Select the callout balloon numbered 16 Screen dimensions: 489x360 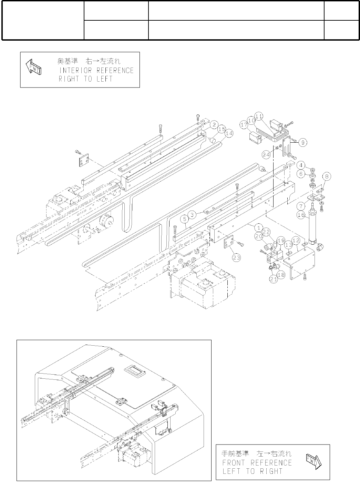click(301, 215)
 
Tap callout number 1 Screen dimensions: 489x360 click(257, 227)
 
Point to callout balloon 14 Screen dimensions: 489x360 click(229, 133)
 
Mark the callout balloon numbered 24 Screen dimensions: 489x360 click(266, 155)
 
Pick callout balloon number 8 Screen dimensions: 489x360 click(327, 176)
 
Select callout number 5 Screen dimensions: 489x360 click(185, 218)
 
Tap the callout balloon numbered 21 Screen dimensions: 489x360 click(274, 280)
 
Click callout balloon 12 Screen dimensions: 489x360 click(295, 240)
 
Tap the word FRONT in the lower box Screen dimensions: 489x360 click(234, 462)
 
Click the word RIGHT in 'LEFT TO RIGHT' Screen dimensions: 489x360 click(271, 471)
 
